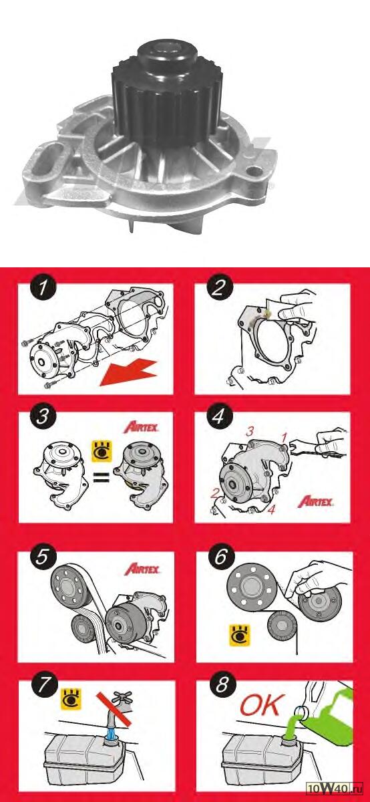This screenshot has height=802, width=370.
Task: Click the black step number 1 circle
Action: tap(43, 288)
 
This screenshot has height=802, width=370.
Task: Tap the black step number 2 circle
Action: tap(219, 288)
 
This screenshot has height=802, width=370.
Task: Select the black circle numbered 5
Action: tap(42, 557)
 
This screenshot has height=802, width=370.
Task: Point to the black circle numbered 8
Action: tap(222, 685)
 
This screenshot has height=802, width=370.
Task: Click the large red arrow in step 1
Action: tap(128, 373)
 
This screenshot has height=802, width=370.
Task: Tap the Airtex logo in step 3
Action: tap(141, 428)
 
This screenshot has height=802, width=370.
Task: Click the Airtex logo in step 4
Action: tap(316, 502)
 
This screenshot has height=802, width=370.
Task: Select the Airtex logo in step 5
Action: tap(142, 569)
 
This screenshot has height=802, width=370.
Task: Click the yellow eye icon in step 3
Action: tap(102, 451)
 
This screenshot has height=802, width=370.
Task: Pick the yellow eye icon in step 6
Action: tap(240, 636)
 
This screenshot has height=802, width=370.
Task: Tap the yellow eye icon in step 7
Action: tap(71, 698)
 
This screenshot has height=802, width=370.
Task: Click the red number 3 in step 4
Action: tap(249, 432)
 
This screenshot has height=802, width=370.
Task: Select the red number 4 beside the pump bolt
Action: tap(271, 510)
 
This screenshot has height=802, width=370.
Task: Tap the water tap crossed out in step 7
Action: tap(120, 707)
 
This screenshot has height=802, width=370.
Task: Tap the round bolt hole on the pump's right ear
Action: tap(255, 169)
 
